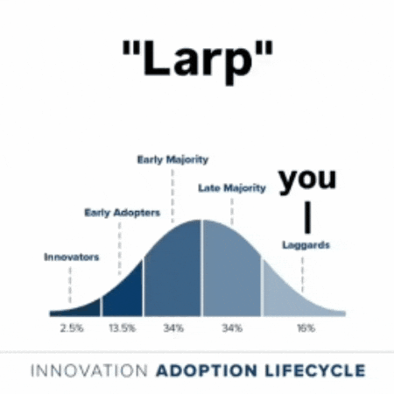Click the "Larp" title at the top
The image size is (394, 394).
(x=197, y=61)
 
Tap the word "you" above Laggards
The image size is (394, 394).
(x=307, y=179)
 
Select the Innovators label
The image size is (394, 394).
(x=71, y=257)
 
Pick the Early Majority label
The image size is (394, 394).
(x=172, y=159)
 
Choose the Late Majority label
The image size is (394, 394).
(x=232, y=187)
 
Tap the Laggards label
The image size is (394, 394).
(x=306, y=245)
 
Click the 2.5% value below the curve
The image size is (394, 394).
(x=72, y=328)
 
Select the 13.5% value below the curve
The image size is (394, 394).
(x=122, y=328)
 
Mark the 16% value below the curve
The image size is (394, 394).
(x=306, y=328)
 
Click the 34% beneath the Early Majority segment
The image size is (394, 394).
(x=172, y=328)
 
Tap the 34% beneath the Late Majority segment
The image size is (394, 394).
(x=232, y=328)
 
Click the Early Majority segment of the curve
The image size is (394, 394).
(x=172, y=271)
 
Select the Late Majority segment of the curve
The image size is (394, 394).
(x=232, y=271)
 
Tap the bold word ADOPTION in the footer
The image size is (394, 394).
(x=204, y=370)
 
